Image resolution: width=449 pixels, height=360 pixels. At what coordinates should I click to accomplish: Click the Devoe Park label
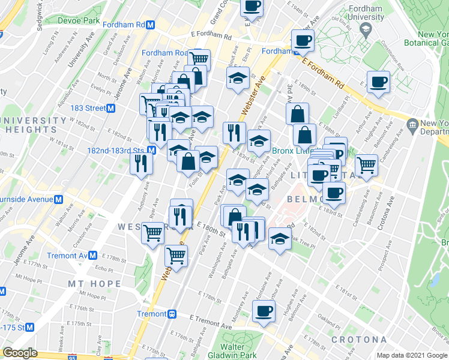(78, 20)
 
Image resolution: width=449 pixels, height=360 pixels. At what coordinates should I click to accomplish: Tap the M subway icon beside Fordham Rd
(151, 25)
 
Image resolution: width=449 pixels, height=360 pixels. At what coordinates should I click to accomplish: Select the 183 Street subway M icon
(111, 108)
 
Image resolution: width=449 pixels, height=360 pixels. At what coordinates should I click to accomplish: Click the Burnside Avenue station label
(27, 199)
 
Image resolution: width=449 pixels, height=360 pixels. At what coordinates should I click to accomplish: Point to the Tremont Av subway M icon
(92, 256)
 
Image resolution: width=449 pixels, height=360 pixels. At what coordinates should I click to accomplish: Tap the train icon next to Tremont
(172, 314)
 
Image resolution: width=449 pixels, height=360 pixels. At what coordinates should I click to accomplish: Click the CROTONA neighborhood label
(359, 340)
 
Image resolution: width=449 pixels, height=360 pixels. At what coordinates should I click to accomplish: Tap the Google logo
(20, 353)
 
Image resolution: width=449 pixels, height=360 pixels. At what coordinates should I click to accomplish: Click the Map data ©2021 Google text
(411, 355)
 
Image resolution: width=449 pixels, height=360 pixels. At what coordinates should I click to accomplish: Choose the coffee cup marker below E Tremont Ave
(263, 311)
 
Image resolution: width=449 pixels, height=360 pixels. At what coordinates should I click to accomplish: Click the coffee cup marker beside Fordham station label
(303, 41)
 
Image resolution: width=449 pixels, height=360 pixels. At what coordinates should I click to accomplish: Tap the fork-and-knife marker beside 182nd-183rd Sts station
(141, 163)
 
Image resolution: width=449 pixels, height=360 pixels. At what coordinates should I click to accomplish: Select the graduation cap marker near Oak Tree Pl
(279, 238)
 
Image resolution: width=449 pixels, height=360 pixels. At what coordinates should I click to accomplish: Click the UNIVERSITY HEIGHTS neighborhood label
(33, 125)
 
